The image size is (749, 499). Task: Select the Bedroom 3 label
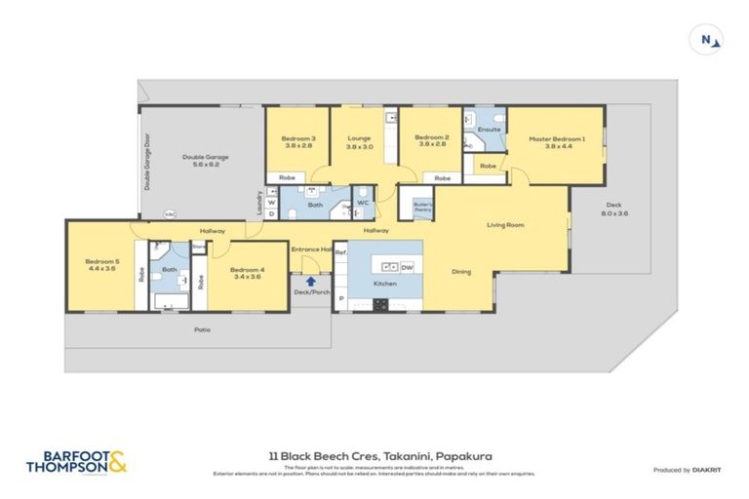(299, 142)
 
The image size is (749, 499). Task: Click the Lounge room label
(360, 142)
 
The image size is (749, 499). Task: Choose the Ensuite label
(490, 129)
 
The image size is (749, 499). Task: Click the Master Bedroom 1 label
(557, 143)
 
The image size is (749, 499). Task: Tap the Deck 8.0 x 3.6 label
(613, 209)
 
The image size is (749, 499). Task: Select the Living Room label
(506, 225)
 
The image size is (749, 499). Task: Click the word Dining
(462, 272)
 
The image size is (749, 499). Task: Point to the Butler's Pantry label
(422, 207)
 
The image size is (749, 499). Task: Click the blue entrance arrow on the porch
(310, 282)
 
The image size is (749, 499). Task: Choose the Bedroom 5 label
(101, 264)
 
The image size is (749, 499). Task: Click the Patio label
(202, 329)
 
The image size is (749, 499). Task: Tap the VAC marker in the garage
(169, 213)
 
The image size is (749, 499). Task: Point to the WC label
(362, 203)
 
